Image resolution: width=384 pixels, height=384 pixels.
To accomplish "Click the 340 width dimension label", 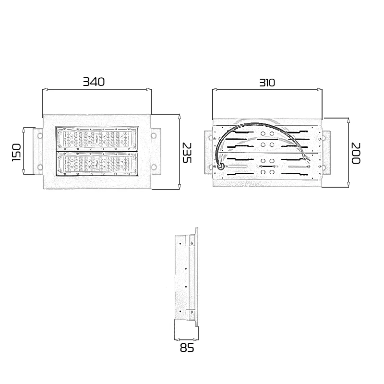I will point(94,82).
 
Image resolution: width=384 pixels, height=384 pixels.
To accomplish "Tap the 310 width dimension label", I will point(267,83).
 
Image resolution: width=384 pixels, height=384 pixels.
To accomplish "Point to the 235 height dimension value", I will point(187,152).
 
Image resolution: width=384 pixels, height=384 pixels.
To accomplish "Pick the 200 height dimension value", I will point(355,153).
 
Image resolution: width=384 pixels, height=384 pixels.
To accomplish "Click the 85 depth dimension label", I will point(187,348).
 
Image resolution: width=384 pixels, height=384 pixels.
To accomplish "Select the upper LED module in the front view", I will point(98,139).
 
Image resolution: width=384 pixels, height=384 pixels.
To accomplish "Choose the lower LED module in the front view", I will point(98,164).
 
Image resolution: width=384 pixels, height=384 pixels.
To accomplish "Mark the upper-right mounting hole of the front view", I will point(154,136).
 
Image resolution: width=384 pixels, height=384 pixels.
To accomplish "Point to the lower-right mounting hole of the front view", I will point(154,167).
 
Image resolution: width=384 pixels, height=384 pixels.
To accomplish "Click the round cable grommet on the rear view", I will point(221,167).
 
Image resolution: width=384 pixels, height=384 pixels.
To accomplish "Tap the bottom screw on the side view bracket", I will point(192,313).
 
